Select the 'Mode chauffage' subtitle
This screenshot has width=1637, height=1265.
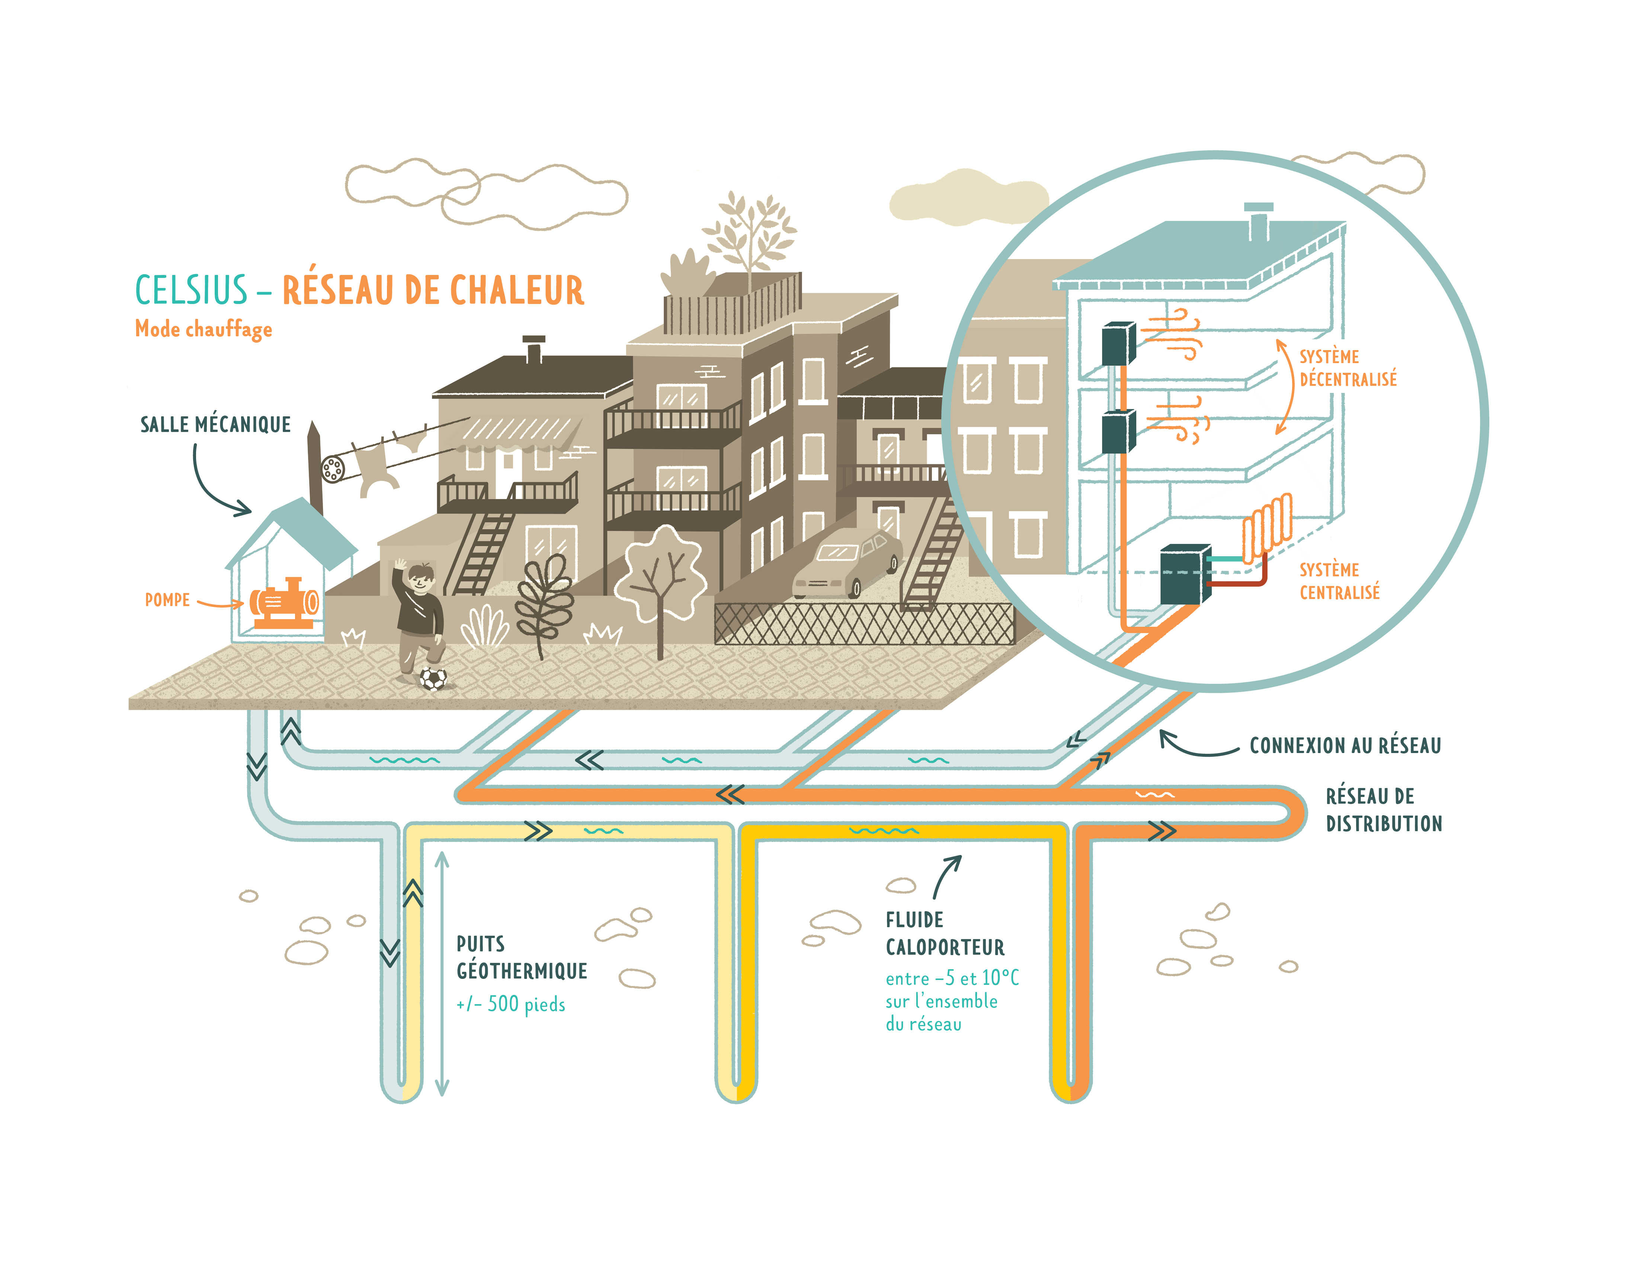[x=203, y=329]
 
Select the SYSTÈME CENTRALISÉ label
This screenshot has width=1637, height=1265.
[x=1339, y=582]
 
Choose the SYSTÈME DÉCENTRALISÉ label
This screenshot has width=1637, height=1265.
[x=1348, y=368]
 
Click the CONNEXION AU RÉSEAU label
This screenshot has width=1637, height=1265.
[x=1345, y=746]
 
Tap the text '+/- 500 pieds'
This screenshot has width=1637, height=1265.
[x=510, y=1004]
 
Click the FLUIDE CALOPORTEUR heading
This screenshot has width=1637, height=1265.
[x=944, y=934]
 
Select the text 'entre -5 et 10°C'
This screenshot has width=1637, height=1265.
[x=952, y=978]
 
